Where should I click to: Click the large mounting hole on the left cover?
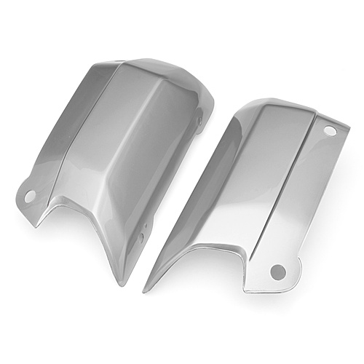coord(30,196)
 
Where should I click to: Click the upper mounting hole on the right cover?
coord(330,131)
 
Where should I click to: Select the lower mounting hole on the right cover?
coord(277,271)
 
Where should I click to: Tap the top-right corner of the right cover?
coord(347,129)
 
